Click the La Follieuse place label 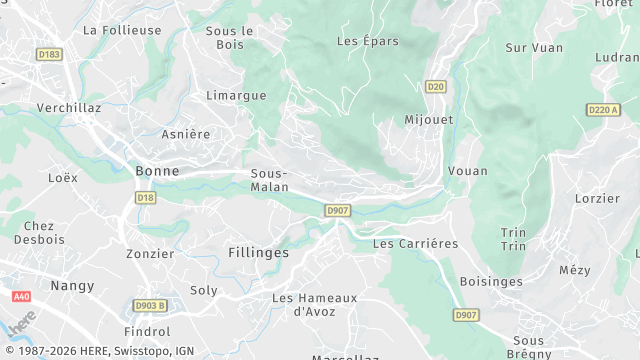pyautogui.click(x=122, y=31)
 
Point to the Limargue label pyautogui.click(x=236, y=95)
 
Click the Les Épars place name pyautogui.click(x=368, y=41)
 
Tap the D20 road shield pyautogui.click(x=435, y=87)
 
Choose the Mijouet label pyautogui.click(x=428, y=119)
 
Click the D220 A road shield pyautogui.click(x=603, y=109)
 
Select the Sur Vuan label pyautogui.click(x=535, y=47)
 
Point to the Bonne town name pyautogui.click(x=157, y=171)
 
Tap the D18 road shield pyautogui.click(x=146, y=198)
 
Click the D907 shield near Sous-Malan pyautogui.click(x=338, y=210)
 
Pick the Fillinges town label pyautogui.click(x=258, y=253)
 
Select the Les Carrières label pyautogui.click(x=415, y=244)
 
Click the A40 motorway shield pyautogui.click(x=22, y=297)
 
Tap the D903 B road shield pyautogui.click(x=150, y=305)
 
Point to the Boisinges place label pyautogui.click(x=491, y=282)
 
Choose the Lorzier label pyautogui.click(x=598, y=198)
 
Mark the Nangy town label pyautogui.click(x=72, y=286)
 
